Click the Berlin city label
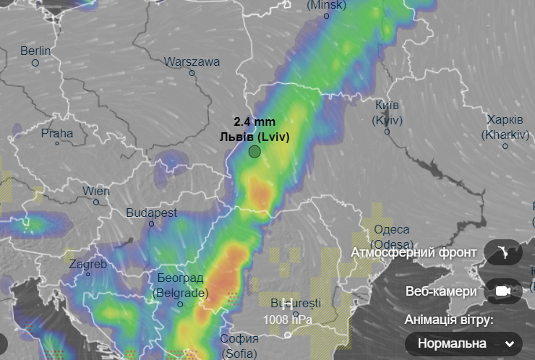(35, 51)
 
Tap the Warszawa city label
(192, 62)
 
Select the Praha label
(57, 133)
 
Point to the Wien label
(96, 191)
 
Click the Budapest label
(152, 213)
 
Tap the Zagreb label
(88, 264)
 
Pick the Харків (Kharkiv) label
(505, 127)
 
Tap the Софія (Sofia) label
(239, 346)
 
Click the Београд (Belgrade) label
(180, 286)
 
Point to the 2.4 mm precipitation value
(254, 121)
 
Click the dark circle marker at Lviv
(254, 151)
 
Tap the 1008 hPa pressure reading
(288, 318)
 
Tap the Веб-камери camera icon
(503, 291)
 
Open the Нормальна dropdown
(463, 343)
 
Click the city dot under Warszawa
(192, 72)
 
